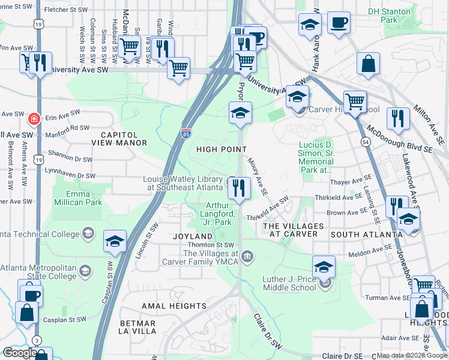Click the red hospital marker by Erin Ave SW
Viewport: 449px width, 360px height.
point(35,117)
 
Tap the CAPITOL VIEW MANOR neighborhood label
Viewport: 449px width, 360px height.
point(119,139)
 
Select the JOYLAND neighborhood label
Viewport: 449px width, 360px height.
point(193,236)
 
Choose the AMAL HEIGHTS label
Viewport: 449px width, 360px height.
point(174,306)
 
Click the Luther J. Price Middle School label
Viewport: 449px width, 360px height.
point(289,283)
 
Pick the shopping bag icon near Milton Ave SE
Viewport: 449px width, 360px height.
point(368,64)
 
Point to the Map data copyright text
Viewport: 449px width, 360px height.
point(412,355)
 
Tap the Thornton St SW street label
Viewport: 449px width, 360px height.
point(216,245)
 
